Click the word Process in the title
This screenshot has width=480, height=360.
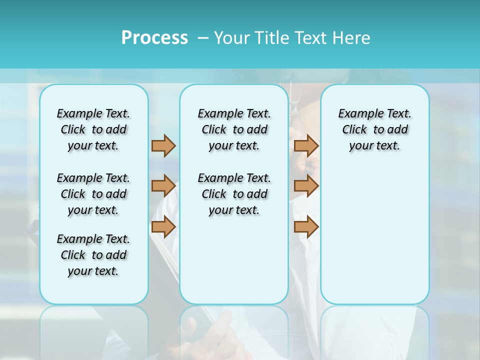click(154, 38)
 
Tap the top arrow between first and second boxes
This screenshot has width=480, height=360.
click(163, 145)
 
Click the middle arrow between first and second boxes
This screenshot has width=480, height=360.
click(163, 186)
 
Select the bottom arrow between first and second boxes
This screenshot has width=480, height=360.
click(163, 226)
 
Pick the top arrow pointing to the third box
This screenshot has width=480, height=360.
click(306, 145)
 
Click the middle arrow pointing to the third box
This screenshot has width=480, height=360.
click(306, 186)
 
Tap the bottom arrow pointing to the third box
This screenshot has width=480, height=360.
click(306, 226)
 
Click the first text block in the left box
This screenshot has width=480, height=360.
click(93, 129)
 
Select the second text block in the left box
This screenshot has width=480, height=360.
click(93, 194)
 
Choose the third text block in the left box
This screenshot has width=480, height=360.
click(93, 255)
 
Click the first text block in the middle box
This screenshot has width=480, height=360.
click(234, 129)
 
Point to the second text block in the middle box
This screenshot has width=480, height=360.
click(234, 194)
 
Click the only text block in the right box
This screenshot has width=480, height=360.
click(374, 129)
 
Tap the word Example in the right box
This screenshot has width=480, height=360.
click(357, 114)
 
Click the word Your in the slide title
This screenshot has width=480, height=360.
click(232, 38)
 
